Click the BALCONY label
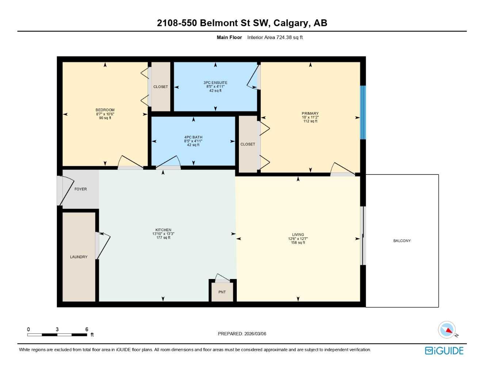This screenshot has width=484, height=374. [x=402, y=241]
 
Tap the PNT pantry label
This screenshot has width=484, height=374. [x=222, y=292]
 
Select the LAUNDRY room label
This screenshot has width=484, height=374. [x=79, y=257]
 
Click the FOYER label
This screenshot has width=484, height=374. [x=80, y=189]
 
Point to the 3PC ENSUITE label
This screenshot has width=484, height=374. [x=215, y=83]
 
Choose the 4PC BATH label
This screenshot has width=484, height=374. [x=193, y=137]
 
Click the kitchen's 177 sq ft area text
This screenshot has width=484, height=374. [x=163, y=238]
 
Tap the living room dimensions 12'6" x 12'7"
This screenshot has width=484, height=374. [x=298, y=239]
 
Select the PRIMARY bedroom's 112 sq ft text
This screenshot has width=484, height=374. [x=310, y=121]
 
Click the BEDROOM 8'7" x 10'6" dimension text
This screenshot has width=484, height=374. [x=105, y=114]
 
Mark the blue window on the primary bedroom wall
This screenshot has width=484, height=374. [x=363, y=112]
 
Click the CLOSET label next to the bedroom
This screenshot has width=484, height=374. [x=160, y=87]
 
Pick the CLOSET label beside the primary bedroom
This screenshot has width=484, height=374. [x=248, y=144]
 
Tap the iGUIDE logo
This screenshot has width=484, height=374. [x=444, y=351]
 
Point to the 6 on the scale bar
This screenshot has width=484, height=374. [x=87, y=329]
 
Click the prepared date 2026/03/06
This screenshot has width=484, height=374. [x=255, y=334]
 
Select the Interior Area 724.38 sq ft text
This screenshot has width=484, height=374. [x=275, y=37]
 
